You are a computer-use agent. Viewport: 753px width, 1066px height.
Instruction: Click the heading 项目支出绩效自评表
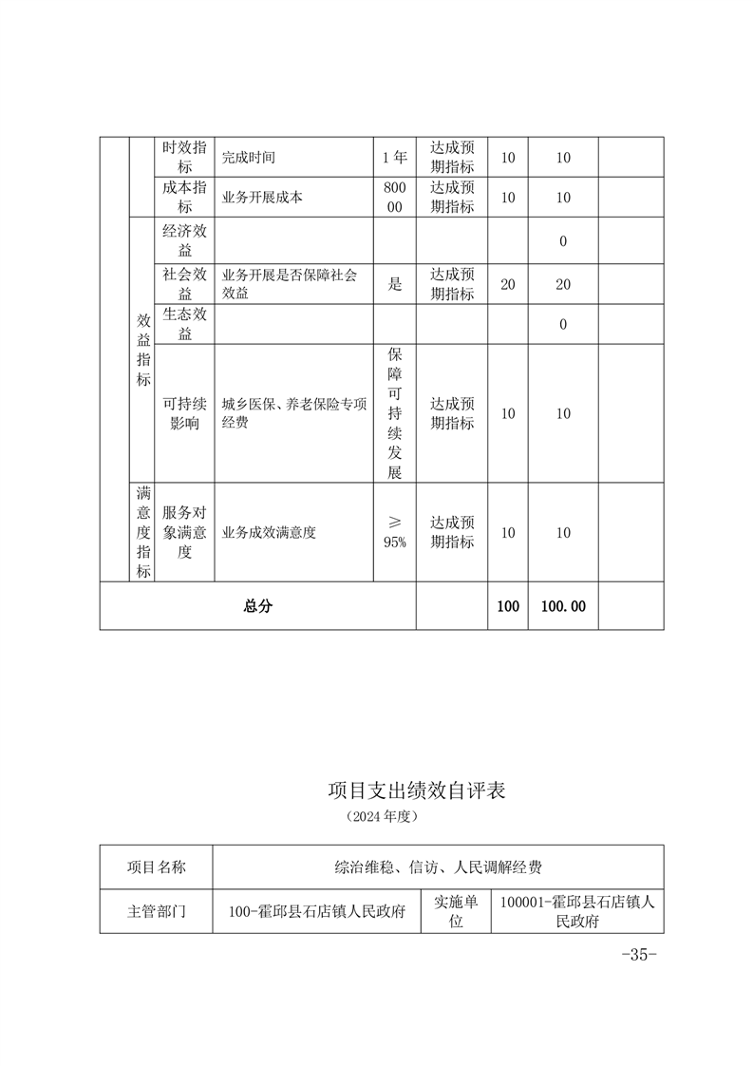[416, 790]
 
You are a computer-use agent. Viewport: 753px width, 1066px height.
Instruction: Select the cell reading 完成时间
[249, 158]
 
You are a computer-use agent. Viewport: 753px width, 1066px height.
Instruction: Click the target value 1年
[393, 158]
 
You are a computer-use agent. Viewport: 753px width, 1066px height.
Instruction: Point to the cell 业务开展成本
[262, 198]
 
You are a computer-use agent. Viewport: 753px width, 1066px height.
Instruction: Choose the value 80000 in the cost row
[393, 198]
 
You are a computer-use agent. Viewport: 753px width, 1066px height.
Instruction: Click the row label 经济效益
[184, 240]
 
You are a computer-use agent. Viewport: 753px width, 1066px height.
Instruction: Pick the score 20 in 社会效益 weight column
[508, 284]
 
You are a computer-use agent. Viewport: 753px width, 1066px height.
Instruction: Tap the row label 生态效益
[184, 325]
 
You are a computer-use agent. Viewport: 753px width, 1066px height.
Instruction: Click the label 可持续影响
[184, 413]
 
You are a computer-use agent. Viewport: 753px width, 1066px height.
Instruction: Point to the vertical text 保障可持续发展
[395, 413]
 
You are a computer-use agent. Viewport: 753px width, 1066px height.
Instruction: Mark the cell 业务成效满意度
[269, 533]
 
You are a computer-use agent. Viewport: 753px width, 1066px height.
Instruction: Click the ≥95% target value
[395, 533]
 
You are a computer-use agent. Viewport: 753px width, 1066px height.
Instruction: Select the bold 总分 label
[257, 606]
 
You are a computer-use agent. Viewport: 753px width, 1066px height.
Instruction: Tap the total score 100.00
[563, 606]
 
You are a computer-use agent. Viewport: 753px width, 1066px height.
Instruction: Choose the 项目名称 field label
[157, 866]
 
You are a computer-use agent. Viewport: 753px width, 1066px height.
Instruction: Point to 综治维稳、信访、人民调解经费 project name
[438, 866]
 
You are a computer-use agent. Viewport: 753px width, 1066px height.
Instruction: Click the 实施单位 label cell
[456, 911]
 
